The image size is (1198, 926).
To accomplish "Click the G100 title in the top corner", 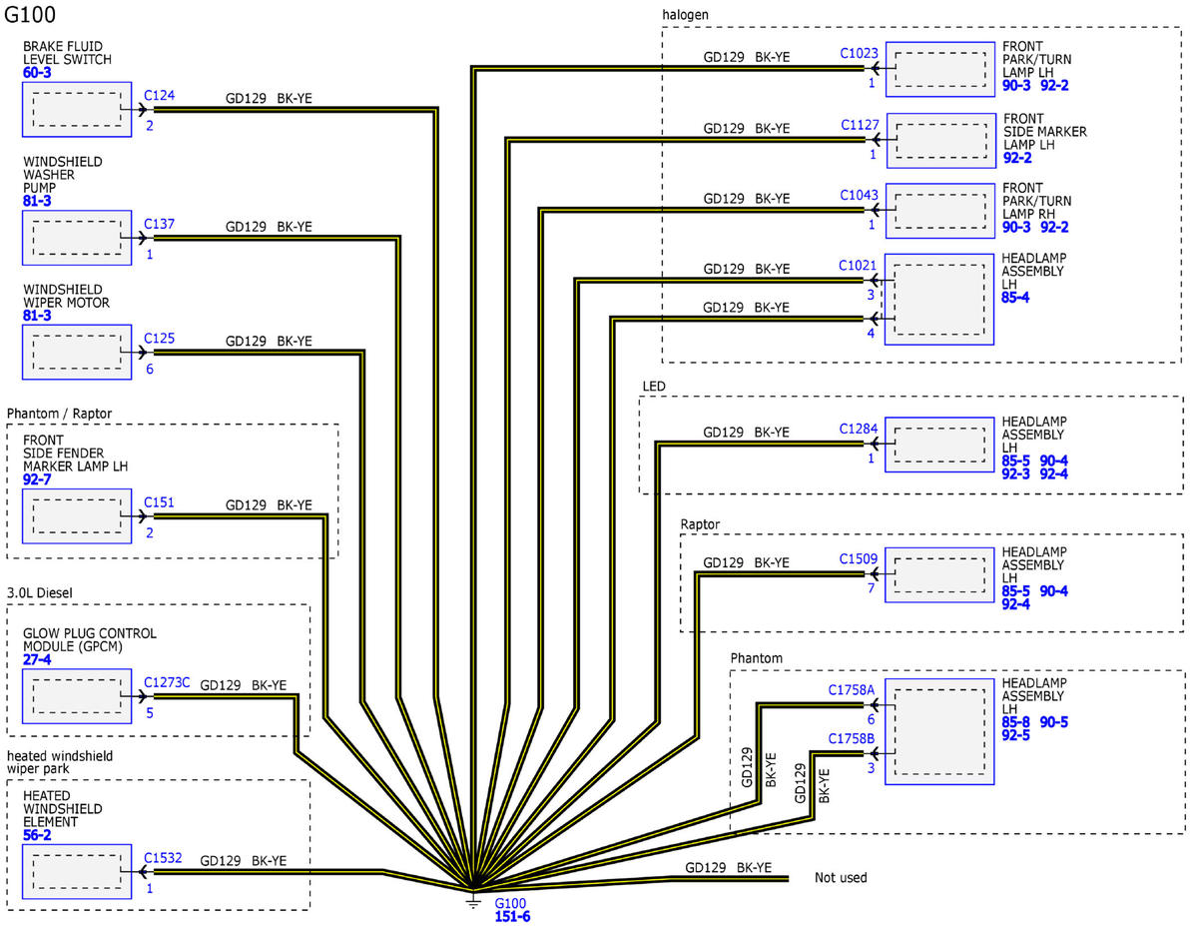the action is [30, 14].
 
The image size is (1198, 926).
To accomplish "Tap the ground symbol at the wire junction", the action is [473, 900].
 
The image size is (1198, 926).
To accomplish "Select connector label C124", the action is [159, 96].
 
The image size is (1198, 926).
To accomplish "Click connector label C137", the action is [159, 224].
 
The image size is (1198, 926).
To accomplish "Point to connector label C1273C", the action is [167, 682].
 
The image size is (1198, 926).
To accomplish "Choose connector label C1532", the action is [163, 858].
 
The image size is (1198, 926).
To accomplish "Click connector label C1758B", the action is [851, 738].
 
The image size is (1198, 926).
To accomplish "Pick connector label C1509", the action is [858, 558].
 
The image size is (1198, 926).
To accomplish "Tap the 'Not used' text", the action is [841, 877].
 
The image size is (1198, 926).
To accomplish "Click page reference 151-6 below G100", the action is [512, 917].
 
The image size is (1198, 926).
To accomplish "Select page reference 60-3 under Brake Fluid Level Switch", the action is [37, 72].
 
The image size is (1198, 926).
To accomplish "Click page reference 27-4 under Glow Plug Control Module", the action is [37, 659].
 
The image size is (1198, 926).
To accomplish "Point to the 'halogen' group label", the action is [685, 15].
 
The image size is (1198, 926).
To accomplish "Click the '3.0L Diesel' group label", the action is [39, 593].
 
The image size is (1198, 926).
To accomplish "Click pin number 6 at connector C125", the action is [150, 369].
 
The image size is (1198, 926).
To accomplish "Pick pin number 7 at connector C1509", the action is [872, 588].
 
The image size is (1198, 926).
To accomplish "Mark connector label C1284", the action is [858, 429].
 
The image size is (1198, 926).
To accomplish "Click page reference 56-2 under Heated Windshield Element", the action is [37, 835].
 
